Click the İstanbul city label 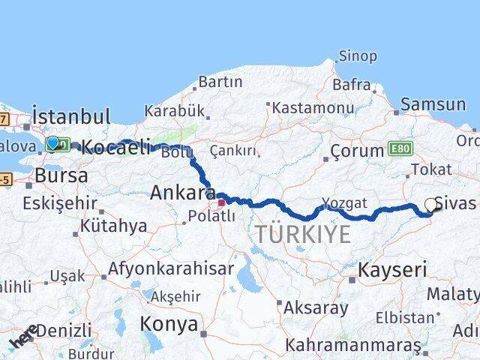tap(71, 117)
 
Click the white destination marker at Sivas tap(430, 204)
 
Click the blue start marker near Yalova tap(52, 142)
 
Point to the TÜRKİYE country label tap(302, 235)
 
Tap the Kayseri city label tap(392, 270)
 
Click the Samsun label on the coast tap(433, 105)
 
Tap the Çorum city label tap(358, 151)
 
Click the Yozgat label tap(344, 202)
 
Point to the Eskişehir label tap(60, 203)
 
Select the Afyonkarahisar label tap(171, 268)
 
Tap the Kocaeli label tap(115, 147)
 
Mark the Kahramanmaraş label tap(353, 346)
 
